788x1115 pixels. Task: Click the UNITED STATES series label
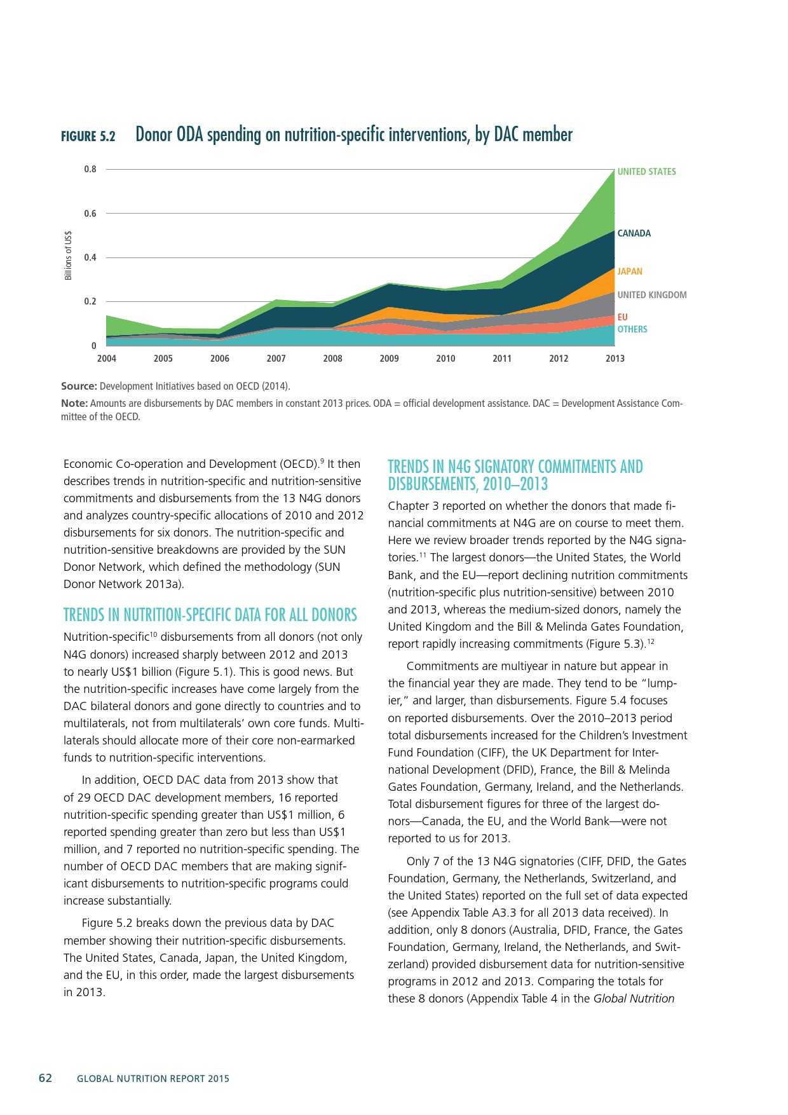[x=646, y=172]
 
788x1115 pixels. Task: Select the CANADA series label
[x=634, y=233]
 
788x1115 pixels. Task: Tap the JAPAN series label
[x=630, y=271]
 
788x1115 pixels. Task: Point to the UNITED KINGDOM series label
[x=651, y=295]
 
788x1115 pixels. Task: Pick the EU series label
[x=622, y=317]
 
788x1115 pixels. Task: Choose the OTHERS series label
[x=632, y=329]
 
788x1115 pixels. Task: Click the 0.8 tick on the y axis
[x=90, y=169]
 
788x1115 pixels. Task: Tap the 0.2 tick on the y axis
[x=90, y=301]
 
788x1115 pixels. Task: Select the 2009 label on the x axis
[x=389, y=359]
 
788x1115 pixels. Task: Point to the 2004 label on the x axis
[x=107, y=359]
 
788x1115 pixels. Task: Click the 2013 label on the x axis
[x=615, y=359]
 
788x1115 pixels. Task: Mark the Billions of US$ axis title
[x=69, y=255]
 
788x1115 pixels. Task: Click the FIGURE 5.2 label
[x=88, y=136]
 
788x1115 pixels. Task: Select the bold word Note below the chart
[x=74, y=404]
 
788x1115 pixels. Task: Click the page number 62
[x=46, y=1078]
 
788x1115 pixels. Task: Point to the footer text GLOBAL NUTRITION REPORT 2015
[x=153, y=1079]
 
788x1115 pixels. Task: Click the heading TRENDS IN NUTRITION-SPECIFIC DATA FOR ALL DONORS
[x=210, y=615]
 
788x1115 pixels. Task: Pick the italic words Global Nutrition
[x=634, y=999]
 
